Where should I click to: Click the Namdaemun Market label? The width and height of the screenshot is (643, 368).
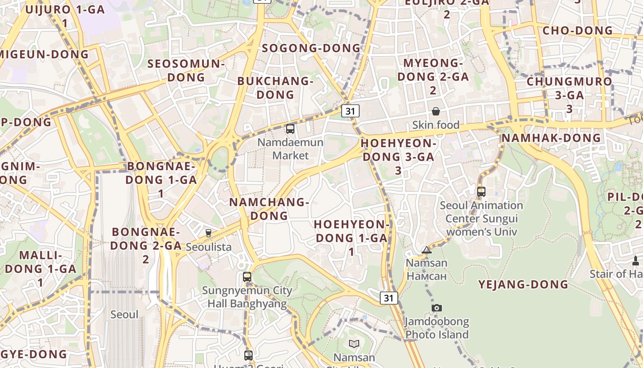coord(290,149)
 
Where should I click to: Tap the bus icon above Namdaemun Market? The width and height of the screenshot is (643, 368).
coord(290,129)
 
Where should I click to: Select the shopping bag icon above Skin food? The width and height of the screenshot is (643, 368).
coord(435,111)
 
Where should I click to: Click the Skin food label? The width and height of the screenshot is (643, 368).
coord(435,125)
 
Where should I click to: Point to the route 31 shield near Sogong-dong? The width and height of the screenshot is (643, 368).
coord(350,111)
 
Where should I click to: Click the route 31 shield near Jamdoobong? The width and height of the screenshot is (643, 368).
coord(389,298)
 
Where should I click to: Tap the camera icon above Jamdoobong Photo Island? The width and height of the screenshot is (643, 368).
coord(436,308)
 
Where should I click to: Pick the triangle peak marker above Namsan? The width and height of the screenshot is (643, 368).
coord(427,250)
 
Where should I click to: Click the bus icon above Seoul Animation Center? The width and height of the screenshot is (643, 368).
coord(481,191)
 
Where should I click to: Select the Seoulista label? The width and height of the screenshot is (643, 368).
coord(209,247)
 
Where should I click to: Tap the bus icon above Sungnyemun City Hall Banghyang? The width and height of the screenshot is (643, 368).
coord(247,277)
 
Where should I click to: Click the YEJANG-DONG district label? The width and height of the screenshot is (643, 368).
coord(523,284)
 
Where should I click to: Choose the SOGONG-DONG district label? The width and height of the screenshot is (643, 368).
coord(311,48)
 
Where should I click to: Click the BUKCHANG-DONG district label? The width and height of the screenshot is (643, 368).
coord(275,87)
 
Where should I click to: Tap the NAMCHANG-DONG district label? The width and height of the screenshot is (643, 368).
coord(269,208)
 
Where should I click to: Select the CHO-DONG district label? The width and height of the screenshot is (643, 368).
coord(577,30)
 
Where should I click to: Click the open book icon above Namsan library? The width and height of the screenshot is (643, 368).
coord(354,344)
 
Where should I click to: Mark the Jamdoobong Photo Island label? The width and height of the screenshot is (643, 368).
coord(436,328)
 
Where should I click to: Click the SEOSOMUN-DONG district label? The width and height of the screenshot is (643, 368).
coord(186,70)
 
